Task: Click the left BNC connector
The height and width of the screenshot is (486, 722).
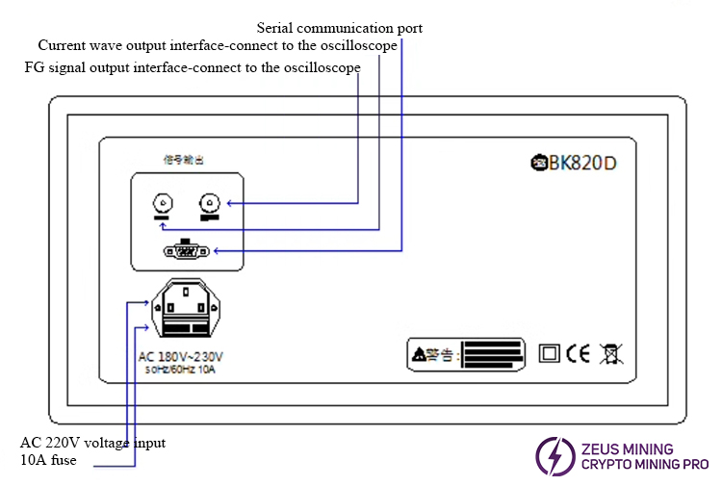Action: [x=163, y=203]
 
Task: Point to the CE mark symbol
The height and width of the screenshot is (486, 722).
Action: [x=578, y=353]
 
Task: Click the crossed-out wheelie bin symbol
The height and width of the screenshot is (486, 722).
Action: [x=609, y=353]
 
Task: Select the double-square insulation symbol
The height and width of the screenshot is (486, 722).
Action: [x=550, y=353]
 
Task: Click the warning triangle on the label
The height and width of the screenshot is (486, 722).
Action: [x=418, y=355]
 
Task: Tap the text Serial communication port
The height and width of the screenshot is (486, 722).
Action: [x=339, y=28]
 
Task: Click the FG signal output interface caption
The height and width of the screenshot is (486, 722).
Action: [x=193, y=67]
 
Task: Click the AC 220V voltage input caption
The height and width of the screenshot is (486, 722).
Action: [x=93, y=443]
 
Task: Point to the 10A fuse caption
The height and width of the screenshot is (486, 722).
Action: [x=48, y=460]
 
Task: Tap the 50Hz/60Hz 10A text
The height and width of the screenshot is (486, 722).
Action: [x=181, y=369]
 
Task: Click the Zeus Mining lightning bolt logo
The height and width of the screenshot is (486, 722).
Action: [x=554, y=456]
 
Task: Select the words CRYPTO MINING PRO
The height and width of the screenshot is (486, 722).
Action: [x=644, y=465]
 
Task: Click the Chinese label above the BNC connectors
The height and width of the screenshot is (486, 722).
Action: [x=183, y=157]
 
